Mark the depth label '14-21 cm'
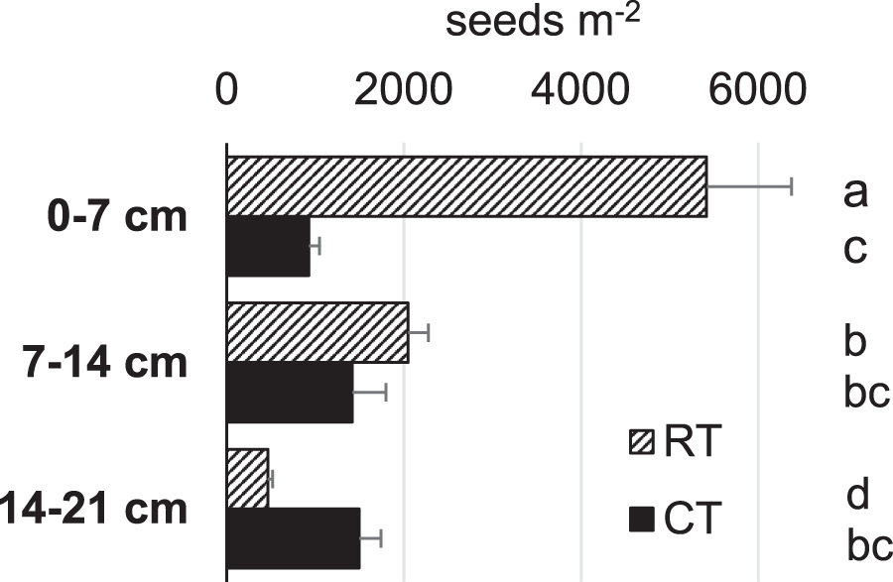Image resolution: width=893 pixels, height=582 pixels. (94, 509)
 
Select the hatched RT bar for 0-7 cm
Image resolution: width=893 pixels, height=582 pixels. (466, 186)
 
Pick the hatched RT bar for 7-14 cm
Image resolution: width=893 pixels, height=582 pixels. (318, 332)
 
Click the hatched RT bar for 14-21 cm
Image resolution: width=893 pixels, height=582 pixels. (248, 479)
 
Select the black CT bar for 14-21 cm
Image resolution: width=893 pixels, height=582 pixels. (294, 538)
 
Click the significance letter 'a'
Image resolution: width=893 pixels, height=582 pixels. (855, 192)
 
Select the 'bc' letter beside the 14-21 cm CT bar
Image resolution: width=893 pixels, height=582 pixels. (870, 544)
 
